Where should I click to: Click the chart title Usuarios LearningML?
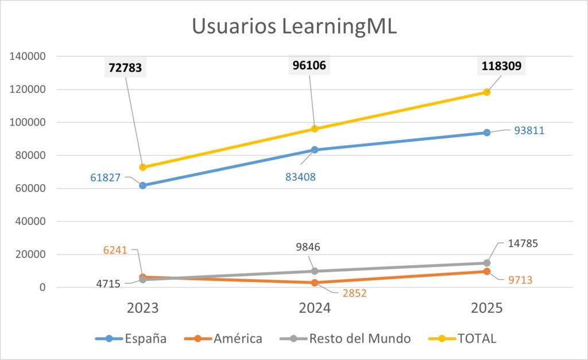click(x=293, y=27)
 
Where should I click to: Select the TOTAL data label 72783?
click(x=125, y=68)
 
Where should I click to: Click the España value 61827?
click(x=106, y=178)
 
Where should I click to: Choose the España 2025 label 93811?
click(x=525, y=130)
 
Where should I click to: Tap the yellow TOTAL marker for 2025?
click(x=487, y=92)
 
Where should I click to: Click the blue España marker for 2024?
click(x=315, y=150)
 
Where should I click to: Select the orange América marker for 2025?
click(x=487, y=271)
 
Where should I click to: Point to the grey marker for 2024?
click(x=315, y=271)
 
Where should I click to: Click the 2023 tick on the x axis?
click(x=142, y=308)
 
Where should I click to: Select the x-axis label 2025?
click(x=487, y=308)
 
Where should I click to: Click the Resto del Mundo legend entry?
click(x=345, y=339)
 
